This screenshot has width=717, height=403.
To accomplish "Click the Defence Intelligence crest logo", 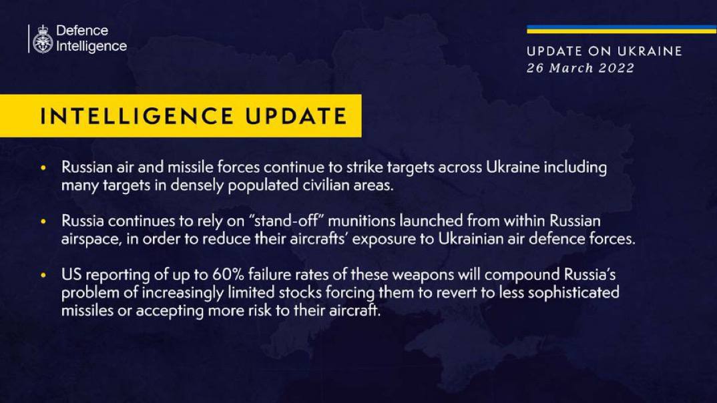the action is [43, 39].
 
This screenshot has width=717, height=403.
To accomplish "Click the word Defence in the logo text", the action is [82, 31].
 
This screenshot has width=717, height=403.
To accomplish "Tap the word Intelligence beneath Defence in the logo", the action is [91, 47].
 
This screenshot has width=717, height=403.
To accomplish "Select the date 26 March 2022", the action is [580, 68].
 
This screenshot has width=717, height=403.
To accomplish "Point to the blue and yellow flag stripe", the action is [622, 29].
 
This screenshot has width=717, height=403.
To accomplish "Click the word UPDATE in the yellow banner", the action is [296, 116].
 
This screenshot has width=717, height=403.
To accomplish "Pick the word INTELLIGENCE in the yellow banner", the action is [137, 116].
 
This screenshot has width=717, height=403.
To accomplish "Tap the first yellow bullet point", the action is [43, 168].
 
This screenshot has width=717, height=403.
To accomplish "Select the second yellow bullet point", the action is [43, 222].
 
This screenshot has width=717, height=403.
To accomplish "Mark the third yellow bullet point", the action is [43, 276].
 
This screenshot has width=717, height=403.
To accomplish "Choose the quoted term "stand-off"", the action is [286, 221].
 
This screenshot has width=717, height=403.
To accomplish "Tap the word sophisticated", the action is [573, 293].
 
